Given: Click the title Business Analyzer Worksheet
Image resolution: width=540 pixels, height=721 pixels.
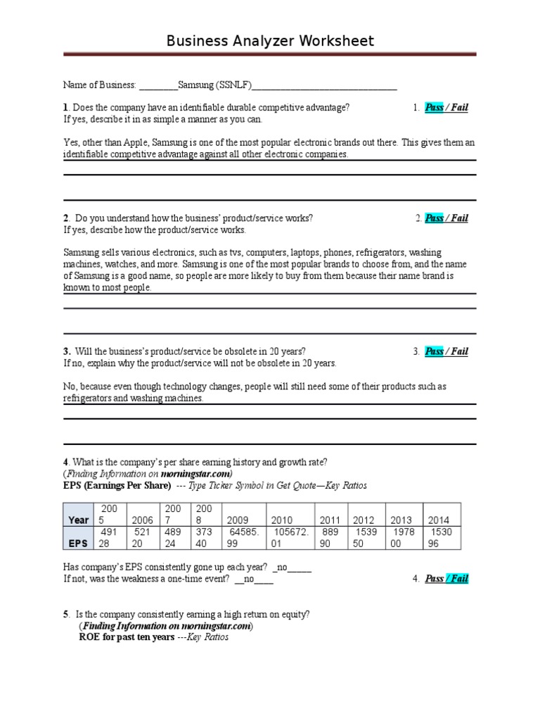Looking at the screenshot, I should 270,41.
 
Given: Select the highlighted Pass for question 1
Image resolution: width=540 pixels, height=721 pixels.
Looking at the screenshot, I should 434,108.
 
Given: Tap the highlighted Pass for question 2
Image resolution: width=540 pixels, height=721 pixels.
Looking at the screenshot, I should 434,218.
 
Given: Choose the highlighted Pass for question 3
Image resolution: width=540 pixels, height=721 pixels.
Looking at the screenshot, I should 434,351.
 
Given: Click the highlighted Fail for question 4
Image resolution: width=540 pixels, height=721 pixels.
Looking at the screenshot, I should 458,579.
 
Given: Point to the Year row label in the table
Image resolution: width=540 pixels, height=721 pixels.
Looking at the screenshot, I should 78,520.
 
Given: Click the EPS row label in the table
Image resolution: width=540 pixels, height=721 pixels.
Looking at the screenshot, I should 77,544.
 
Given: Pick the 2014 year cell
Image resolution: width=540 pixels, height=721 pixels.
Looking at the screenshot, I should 440,520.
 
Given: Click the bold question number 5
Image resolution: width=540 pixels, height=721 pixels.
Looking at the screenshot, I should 65,614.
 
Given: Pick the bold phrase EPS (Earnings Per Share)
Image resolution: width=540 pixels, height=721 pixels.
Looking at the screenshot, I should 117,486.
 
